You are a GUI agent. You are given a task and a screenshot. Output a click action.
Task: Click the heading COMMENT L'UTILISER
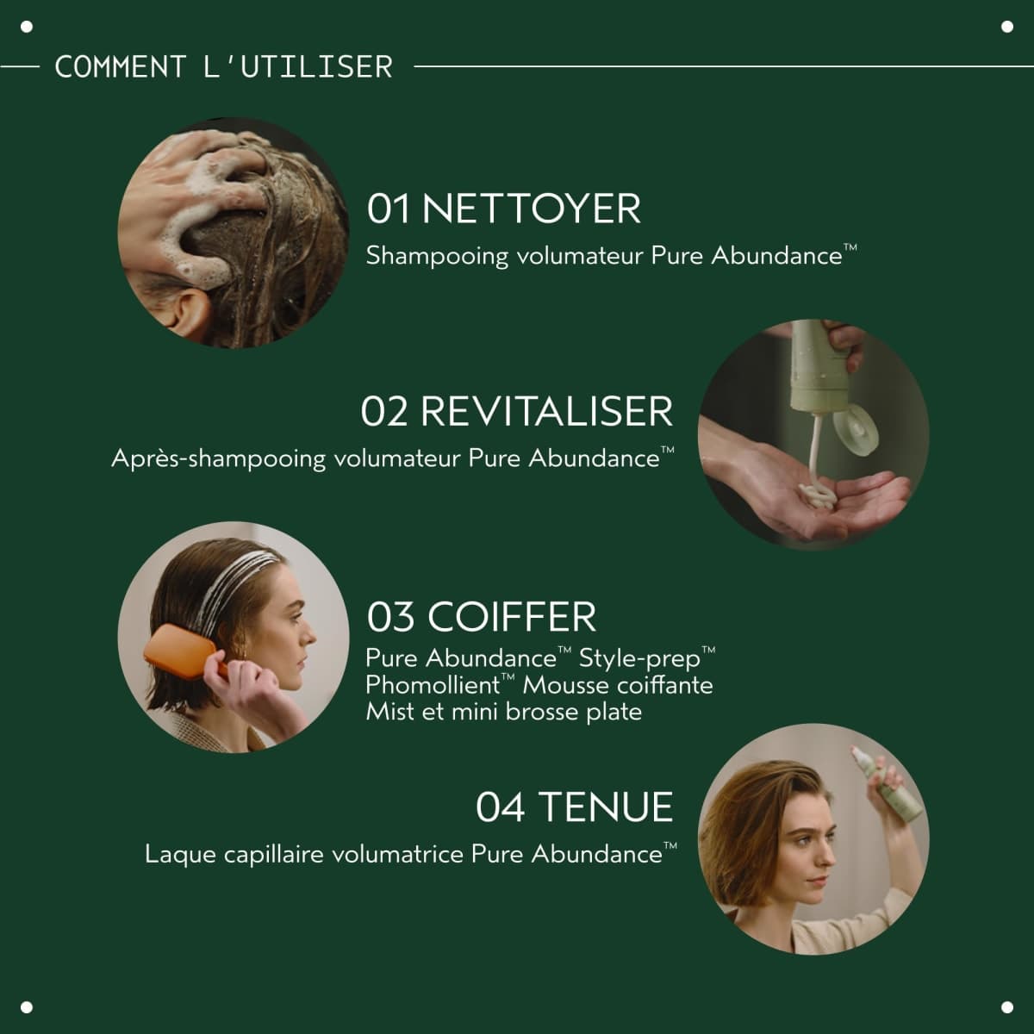224,67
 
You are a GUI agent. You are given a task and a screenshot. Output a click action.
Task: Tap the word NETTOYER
532,209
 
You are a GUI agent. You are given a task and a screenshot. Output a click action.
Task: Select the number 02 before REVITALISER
383,412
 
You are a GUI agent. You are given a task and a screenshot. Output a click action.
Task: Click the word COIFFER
512,617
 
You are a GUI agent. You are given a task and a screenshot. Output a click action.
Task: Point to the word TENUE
606,807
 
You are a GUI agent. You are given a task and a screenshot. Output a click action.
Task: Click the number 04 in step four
500,807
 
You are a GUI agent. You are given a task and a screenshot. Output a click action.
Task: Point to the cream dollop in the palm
817,495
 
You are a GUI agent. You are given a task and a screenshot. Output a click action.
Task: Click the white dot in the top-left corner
27,27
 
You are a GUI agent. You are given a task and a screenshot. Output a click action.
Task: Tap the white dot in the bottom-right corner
1007,1007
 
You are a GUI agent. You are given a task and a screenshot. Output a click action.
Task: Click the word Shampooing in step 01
437,257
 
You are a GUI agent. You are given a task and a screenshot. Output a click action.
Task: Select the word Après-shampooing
218,459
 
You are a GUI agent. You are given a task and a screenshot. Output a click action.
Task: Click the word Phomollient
433,685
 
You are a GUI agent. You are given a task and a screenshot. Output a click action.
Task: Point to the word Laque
180,855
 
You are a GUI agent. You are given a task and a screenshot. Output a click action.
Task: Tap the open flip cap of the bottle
856,429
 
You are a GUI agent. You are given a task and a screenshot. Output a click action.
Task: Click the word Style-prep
639,659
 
